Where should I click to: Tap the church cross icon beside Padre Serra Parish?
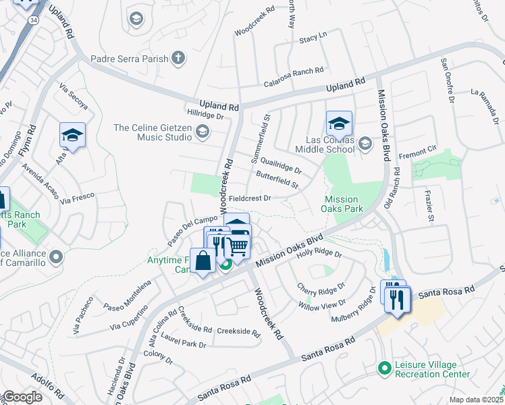pyautogui.click(x=178, y=58)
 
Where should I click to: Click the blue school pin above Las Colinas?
pyautogui.click(x=339, y=124)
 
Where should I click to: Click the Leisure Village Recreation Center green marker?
pyautogui.click(x=385, y=369)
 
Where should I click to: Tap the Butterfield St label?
pyautogui.click(x=277, y=179)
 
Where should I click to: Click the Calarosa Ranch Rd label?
pyautogui.click(x=294, y=70)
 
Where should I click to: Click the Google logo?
pyautogui.click(x=22, y=397)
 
